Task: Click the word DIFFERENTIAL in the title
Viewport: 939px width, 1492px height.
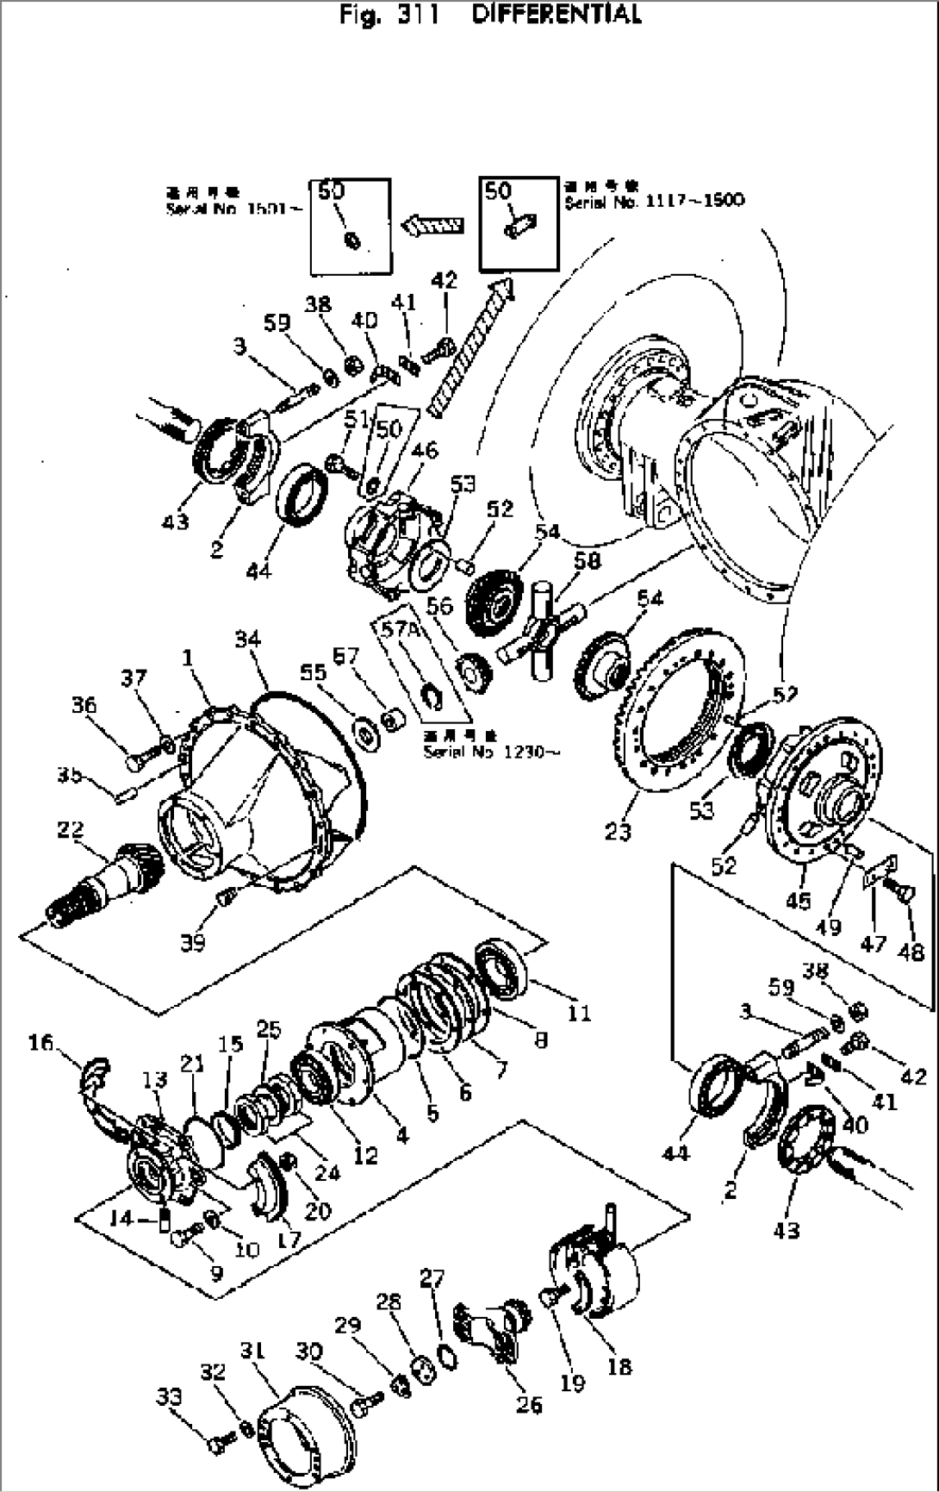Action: [556, 15]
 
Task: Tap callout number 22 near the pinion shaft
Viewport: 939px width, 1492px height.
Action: [70, 830]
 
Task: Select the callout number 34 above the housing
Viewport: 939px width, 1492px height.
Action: [247, 639]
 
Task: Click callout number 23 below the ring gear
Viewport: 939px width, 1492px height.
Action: [618, 831]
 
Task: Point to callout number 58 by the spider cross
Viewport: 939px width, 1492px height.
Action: [588, 561]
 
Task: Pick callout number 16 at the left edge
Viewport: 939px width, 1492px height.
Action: [40, 1043]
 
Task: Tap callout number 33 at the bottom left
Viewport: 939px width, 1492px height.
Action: [170, 1395]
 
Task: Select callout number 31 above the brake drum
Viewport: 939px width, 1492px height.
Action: [252, 1350]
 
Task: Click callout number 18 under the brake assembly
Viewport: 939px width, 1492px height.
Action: [619, 1365]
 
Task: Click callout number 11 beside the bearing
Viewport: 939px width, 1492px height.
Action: [579, 1012]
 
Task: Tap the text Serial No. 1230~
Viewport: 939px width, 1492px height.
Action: [492, 752]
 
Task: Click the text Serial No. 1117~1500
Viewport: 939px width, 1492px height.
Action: [655, 201]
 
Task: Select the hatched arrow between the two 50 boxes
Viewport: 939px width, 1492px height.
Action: [433, 226]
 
